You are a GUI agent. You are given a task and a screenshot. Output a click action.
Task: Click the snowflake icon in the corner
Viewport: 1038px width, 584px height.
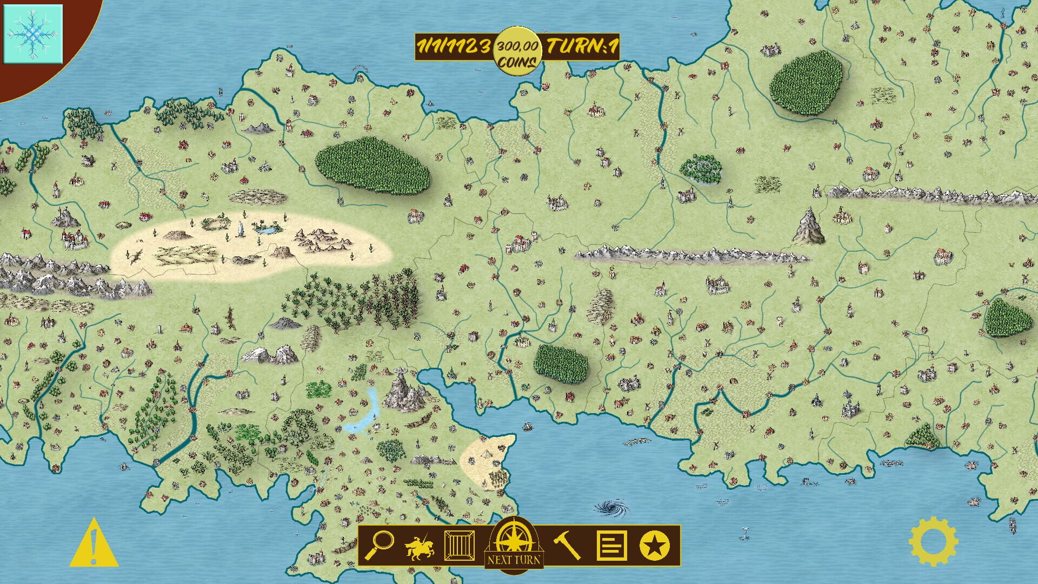point(33,34)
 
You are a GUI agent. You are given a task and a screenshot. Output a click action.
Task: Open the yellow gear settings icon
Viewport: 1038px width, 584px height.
point(933,542)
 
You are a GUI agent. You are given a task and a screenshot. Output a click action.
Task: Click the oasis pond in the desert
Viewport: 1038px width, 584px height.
point(265,230)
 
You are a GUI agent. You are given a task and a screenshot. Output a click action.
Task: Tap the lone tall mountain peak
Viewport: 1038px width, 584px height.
point(809,226)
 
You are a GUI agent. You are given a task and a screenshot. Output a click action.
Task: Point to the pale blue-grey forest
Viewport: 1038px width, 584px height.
point(701,169)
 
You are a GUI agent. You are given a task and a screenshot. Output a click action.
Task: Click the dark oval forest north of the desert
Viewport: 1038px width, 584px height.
point(372,165)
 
